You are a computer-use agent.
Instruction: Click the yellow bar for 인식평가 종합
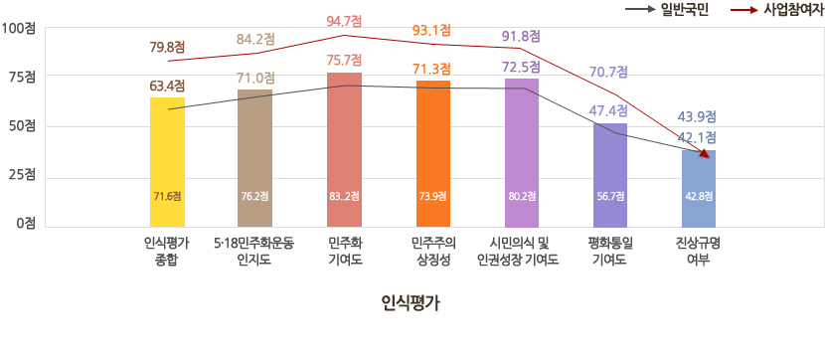coord(167,159)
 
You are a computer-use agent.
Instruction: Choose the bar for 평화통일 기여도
coord(608,174)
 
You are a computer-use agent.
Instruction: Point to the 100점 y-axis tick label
coord(19,28)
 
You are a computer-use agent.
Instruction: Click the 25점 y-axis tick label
coord(22,174)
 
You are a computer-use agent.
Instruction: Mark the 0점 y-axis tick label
coord(25,223)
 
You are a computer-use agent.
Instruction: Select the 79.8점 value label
coord(167,49)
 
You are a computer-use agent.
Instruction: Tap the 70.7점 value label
coord(608,72)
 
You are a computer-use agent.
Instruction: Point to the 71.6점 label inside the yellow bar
coord(167,196)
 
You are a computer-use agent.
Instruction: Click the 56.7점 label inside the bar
coord(608,196)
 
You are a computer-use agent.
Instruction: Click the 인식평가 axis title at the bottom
coord(410,303)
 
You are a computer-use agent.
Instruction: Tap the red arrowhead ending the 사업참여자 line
coord(706,154)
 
